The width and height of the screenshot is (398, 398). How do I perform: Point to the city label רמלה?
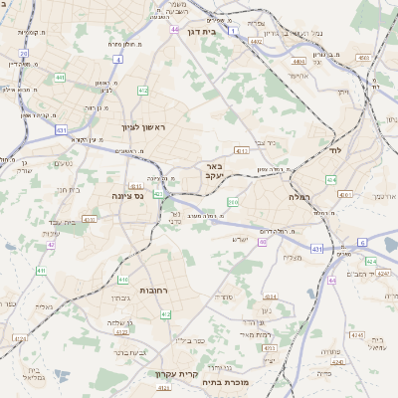click(x=299, y=197)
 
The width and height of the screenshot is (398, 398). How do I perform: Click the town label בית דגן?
click(x=202, y=31)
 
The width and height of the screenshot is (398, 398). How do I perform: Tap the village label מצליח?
click(x=293, y=258)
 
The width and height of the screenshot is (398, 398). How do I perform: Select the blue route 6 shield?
click(x=362, y=242)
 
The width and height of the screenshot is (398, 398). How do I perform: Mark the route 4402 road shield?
click(x=257, y=42)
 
